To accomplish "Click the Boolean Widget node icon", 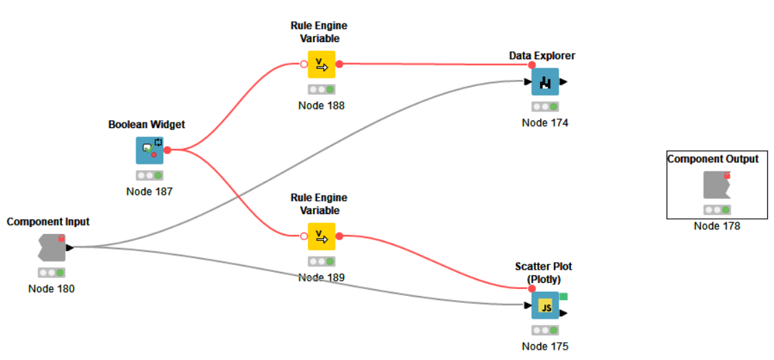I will [150, 150].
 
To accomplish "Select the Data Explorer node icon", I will [545, 82].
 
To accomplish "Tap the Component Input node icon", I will [52, 247].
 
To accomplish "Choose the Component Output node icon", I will [716, 185].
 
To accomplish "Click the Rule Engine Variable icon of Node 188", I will [321, 64].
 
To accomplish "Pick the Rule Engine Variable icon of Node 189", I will [321, 236].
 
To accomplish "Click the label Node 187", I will [149, 191].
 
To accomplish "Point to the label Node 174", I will [545, 123].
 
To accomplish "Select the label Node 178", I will [717, 226].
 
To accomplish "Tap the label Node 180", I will [52, 288].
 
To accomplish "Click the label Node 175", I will [545, 347].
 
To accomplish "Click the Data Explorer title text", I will [542, 55].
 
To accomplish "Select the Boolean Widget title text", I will [147, 125].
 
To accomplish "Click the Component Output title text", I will [713, 159].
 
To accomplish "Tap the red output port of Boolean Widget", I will [167, 150].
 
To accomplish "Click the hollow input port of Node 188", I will [303, 64].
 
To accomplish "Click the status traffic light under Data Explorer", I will [545, 107].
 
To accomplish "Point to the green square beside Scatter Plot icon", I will [563, 297].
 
